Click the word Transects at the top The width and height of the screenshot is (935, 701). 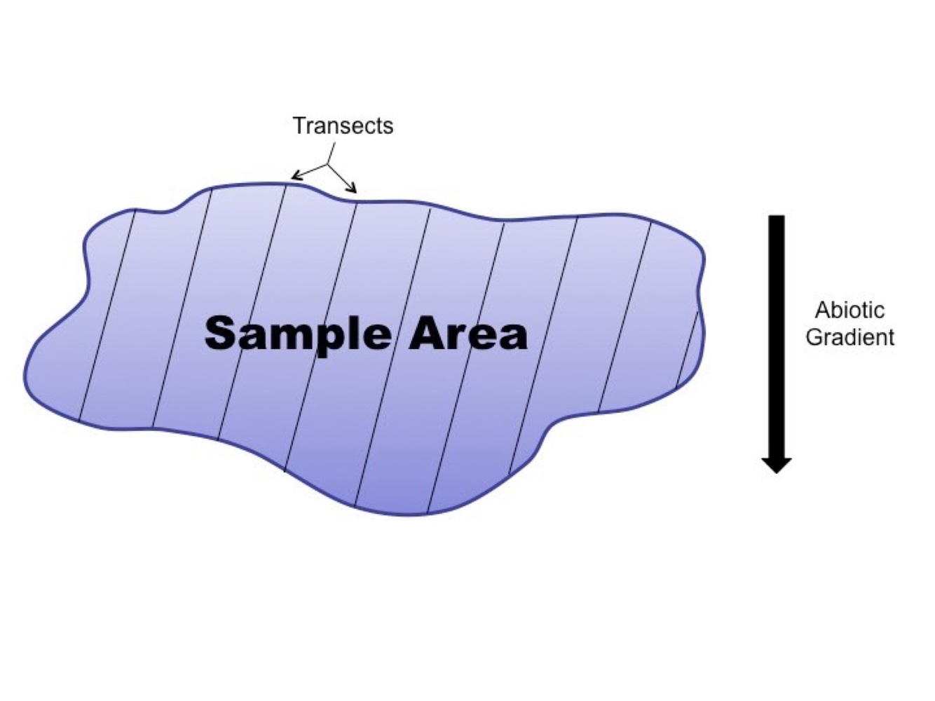pyautogui.click(x=343, y=126)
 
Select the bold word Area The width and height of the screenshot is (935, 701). pyautogui.click(x=468, y=334)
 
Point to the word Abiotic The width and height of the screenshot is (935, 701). pyautogui.click(x=849, y=311)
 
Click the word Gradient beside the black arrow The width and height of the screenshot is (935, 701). pyautogui.click(x=849, y=337)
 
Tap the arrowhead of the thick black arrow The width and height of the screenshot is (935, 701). pyautogui.click(x=777, y=465)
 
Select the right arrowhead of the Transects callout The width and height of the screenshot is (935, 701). pyautogui.click(x=355, y=190)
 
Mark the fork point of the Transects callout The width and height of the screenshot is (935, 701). pyautogui.click(x=327, y=165)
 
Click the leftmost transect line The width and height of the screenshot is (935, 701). pyautogui.click(x=107, y=315)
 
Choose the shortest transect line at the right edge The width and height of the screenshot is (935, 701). pyautogui.click(x=688, y=350)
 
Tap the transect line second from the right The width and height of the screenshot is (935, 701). pyautogui.click(x=626, y=315)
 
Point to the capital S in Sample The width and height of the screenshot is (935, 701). pyautogui.click(x=219, y=334)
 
